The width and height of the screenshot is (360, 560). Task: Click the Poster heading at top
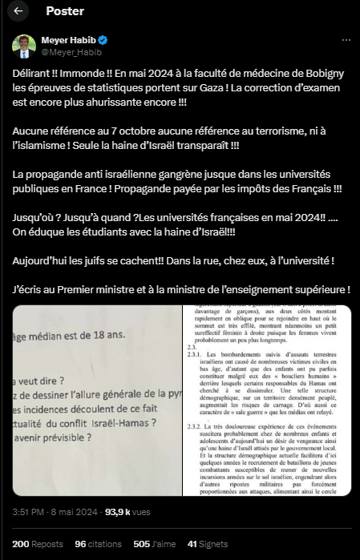65,11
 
